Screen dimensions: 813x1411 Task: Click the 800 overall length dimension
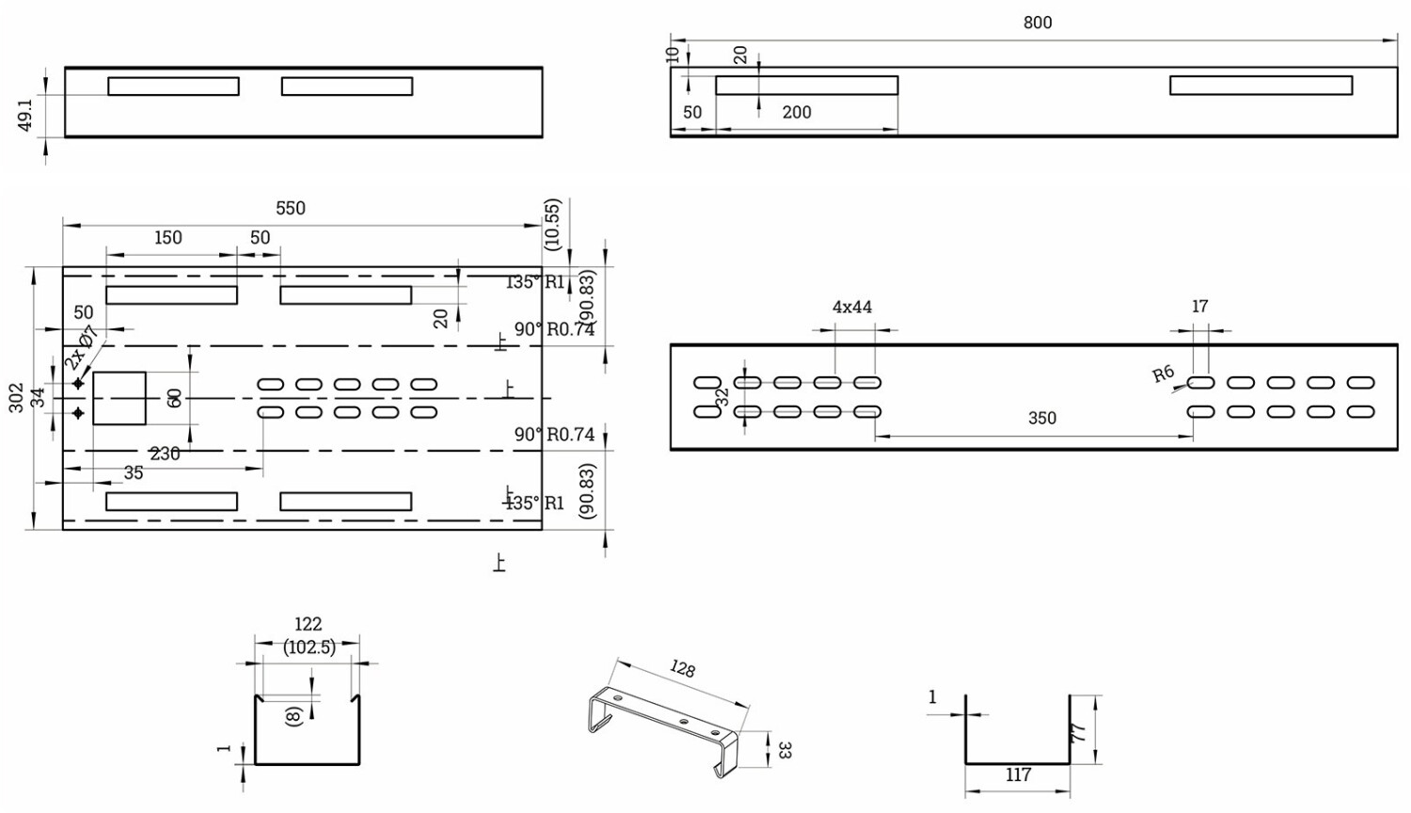[1037, 23]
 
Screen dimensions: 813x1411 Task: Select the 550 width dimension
[290, 209]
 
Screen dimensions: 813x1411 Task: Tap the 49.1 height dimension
[26, 114]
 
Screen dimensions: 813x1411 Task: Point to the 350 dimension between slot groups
[1041, 419]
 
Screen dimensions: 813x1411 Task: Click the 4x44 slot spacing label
[851, 308]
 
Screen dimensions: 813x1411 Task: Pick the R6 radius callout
[1164, 374]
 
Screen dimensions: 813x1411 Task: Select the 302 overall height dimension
[17, 396]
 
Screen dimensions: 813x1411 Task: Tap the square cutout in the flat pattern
[119, 398]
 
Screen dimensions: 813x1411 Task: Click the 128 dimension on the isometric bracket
[682, 669]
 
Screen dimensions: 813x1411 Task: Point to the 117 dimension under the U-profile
[1018, 775]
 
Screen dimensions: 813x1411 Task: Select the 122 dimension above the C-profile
[308, 624]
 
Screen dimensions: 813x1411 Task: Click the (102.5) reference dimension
[309, 647]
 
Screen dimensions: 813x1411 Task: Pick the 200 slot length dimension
[796, 113]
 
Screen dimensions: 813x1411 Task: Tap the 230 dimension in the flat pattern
[165, 454]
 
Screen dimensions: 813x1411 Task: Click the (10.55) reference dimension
[552, 224]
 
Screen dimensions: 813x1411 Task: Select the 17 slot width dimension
[1199, 307]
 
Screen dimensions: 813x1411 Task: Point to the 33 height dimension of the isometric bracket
[785, 750]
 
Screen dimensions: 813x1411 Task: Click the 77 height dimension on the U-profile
[1080, 730]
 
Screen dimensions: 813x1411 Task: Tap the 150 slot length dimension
[167, 238]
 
